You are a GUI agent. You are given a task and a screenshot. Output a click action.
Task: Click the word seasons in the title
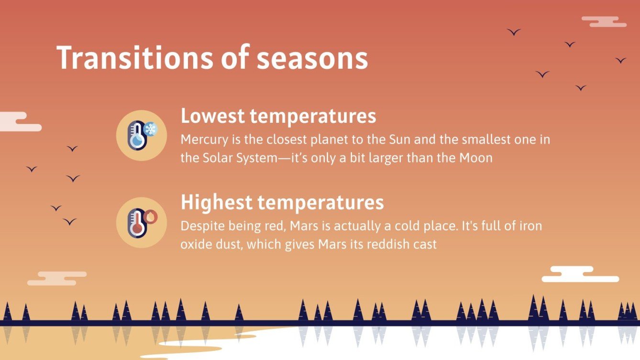tap(312, 58)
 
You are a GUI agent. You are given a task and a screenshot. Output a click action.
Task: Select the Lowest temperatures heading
tap(278, 117)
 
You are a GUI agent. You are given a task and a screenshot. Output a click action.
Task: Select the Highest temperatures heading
tap(282, 202)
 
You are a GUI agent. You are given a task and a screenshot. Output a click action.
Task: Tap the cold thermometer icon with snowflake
tap(141, 135)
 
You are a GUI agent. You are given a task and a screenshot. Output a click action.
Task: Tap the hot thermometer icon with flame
tap(141, 222)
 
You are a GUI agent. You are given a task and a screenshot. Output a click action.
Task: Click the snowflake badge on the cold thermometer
tap(151, 129)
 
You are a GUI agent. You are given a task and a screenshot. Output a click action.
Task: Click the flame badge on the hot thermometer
tap(151, 216)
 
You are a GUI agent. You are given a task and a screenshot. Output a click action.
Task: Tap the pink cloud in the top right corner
tap(604, 22)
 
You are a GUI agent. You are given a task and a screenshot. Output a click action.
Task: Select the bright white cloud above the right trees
tap(579, 274)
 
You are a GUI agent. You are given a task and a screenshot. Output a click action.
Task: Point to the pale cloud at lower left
tap(56, 279)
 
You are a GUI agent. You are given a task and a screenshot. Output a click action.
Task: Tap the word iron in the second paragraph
tap(530, 226)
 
